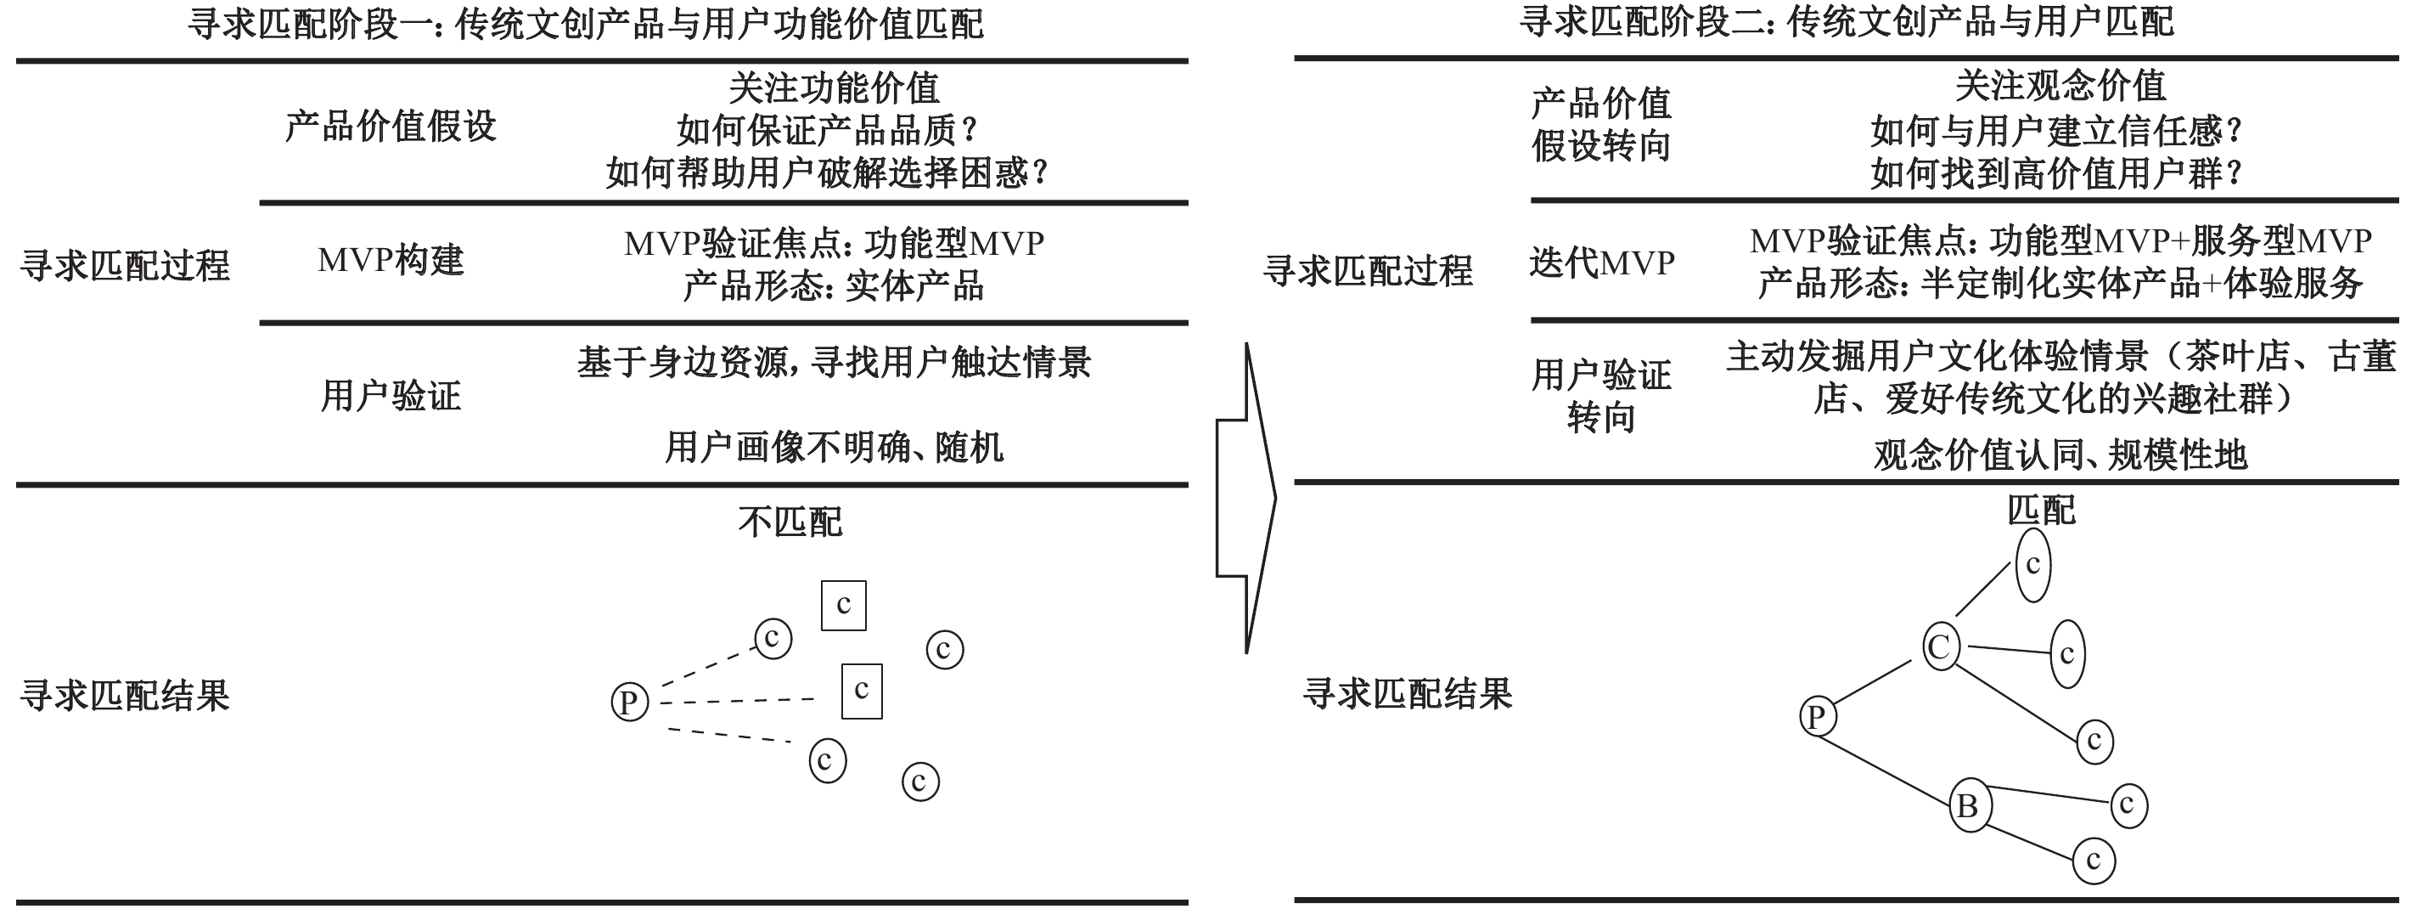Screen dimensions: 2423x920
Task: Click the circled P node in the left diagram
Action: (x=629, y=702)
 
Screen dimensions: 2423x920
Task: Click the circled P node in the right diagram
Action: (x=1817, y=717)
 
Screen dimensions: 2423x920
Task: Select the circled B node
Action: (x=1970, y=805)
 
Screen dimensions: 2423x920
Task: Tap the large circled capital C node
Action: (x=1941, y=646)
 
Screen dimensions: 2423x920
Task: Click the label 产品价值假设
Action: (x=391, y=126)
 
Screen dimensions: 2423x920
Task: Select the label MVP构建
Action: (x=391, y=260)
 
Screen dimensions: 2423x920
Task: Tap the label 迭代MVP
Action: (x=1602, y=262)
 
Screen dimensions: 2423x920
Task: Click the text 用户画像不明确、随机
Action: (x=835, y=447)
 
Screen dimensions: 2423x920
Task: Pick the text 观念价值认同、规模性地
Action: (x=2060, y=455)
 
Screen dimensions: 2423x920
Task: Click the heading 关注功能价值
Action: (x=835, y=87)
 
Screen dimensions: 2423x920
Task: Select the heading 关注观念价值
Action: (x=2060, y=86)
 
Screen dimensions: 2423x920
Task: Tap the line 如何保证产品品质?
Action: (x=828, y=131)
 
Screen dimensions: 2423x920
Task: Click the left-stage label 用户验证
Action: (x=391, y=396)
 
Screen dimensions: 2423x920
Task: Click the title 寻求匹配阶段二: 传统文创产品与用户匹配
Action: (x=1847, y=21)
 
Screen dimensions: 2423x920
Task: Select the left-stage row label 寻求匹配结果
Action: (x=125, y=696)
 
